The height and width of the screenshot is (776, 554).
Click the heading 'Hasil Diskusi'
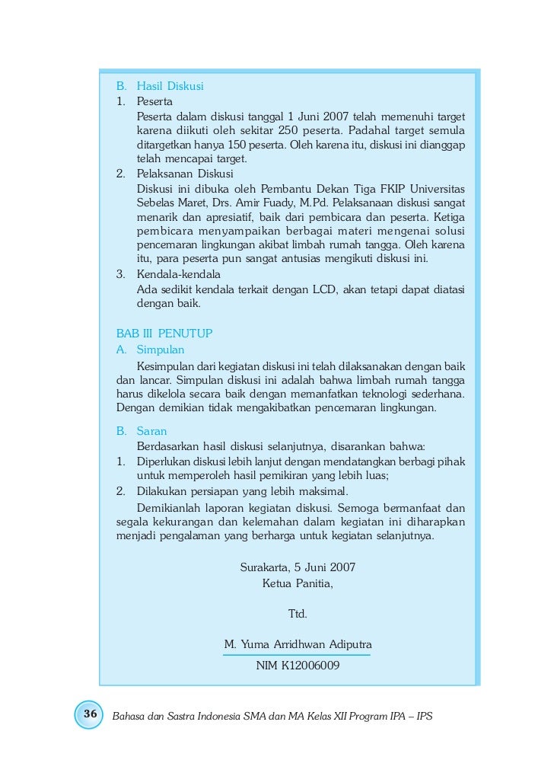click(170, 85)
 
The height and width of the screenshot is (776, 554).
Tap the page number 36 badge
click(90, 714)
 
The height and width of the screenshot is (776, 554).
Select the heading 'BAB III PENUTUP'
click(164, 334)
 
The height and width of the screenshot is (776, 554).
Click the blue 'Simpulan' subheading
click(161, 350)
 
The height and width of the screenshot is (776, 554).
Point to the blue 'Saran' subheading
click(151, 430)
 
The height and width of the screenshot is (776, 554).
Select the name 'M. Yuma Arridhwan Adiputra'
click(298, 645)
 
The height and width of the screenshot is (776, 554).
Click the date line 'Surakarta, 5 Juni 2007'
click(298, 567)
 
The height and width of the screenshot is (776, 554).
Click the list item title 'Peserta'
click(154, 101)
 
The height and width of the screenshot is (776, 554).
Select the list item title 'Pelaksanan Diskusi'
click(185, 174)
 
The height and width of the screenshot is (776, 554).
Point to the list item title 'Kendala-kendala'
click(178, 274)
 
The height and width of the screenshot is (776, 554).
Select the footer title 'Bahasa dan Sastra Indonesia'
click(185, 717)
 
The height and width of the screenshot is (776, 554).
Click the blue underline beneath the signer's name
click(298, 654)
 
